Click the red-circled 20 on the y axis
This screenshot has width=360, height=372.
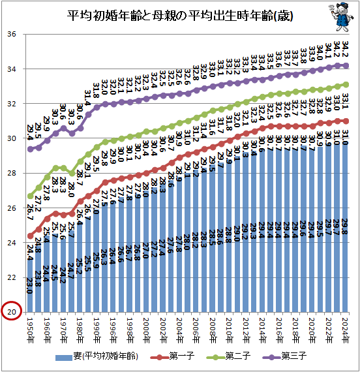coord(11,313)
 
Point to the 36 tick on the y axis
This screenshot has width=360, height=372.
coord(11,35)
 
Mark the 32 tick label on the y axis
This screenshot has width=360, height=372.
coord(11,104)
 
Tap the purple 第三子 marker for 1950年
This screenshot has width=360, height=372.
coord(30,149)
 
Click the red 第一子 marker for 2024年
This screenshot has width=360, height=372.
coord(346,121)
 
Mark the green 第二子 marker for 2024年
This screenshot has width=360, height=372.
coord(346,85)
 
